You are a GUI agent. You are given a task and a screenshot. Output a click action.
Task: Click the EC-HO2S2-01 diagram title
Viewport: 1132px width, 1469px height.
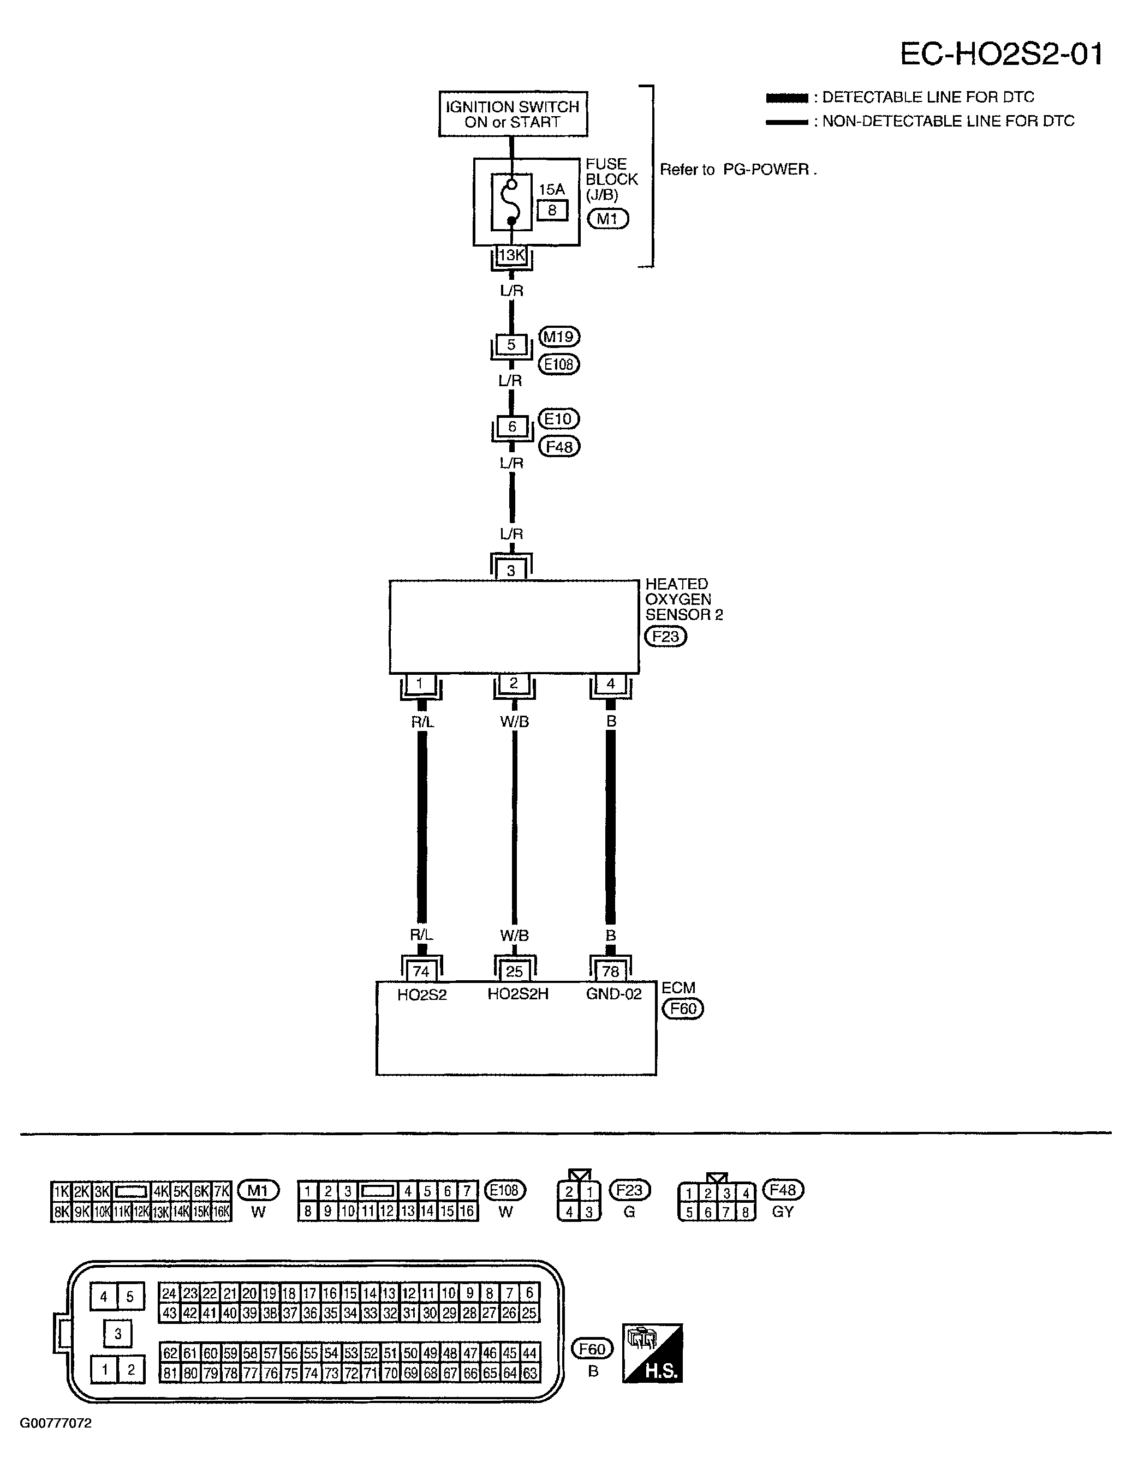click(1002, 55)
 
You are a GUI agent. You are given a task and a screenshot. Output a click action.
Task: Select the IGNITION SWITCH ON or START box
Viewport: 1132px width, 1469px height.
click(513, 115)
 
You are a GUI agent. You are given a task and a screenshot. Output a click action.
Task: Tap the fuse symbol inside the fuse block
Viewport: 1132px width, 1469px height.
click(511, 202)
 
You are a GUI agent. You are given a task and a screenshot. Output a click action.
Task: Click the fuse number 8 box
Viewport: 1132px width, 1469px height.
click(552, 211)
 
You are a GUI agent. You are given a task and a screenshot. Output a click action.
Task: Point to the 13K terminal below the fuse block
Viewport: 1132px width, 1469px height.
click(511, 256)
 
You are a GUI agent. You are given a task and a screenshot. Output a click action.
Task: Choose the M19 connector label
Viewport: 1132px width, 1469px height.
click(559, 337)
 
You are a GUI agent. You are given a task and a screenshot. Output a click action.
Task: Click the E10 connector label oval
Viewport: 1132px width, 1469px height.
click(558, 419)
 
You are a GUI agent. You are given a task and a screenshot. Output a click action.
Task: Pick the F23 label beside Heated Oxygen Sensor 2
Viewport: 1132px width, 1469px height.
click(665, 636)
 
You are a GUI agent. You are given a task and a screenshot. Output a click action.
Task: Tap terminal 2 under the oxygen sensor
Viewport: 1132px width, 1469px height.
click(514, 683)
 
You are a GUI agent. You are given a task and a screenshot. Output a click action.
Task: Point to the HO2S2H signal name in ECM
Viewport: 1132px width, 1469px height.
click(517, 994)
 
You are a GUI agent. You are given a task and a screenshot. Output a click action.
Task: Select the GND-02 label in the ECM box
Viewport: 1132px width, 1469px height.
click(614, 994)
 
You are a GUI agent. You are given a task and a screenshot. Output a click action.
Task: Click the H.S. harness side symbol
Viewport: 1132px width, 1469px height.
click(652, 1353)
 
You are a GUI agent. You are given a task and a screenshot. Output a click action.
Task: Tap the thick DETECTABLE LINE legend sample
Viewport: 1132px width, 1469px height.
click(787, 98)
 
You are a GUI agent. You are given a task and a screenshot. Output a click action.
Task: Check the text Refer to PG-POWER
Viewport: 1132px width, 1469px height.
click(737, 170)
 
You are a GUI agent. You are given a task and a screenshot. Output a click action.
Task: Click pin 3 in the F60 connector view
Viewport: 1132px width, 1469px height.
click(118, 1333)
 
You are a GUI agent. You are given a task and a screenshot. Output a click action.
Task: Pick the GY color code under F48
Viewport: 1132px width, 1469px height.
click(783, 1212)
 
